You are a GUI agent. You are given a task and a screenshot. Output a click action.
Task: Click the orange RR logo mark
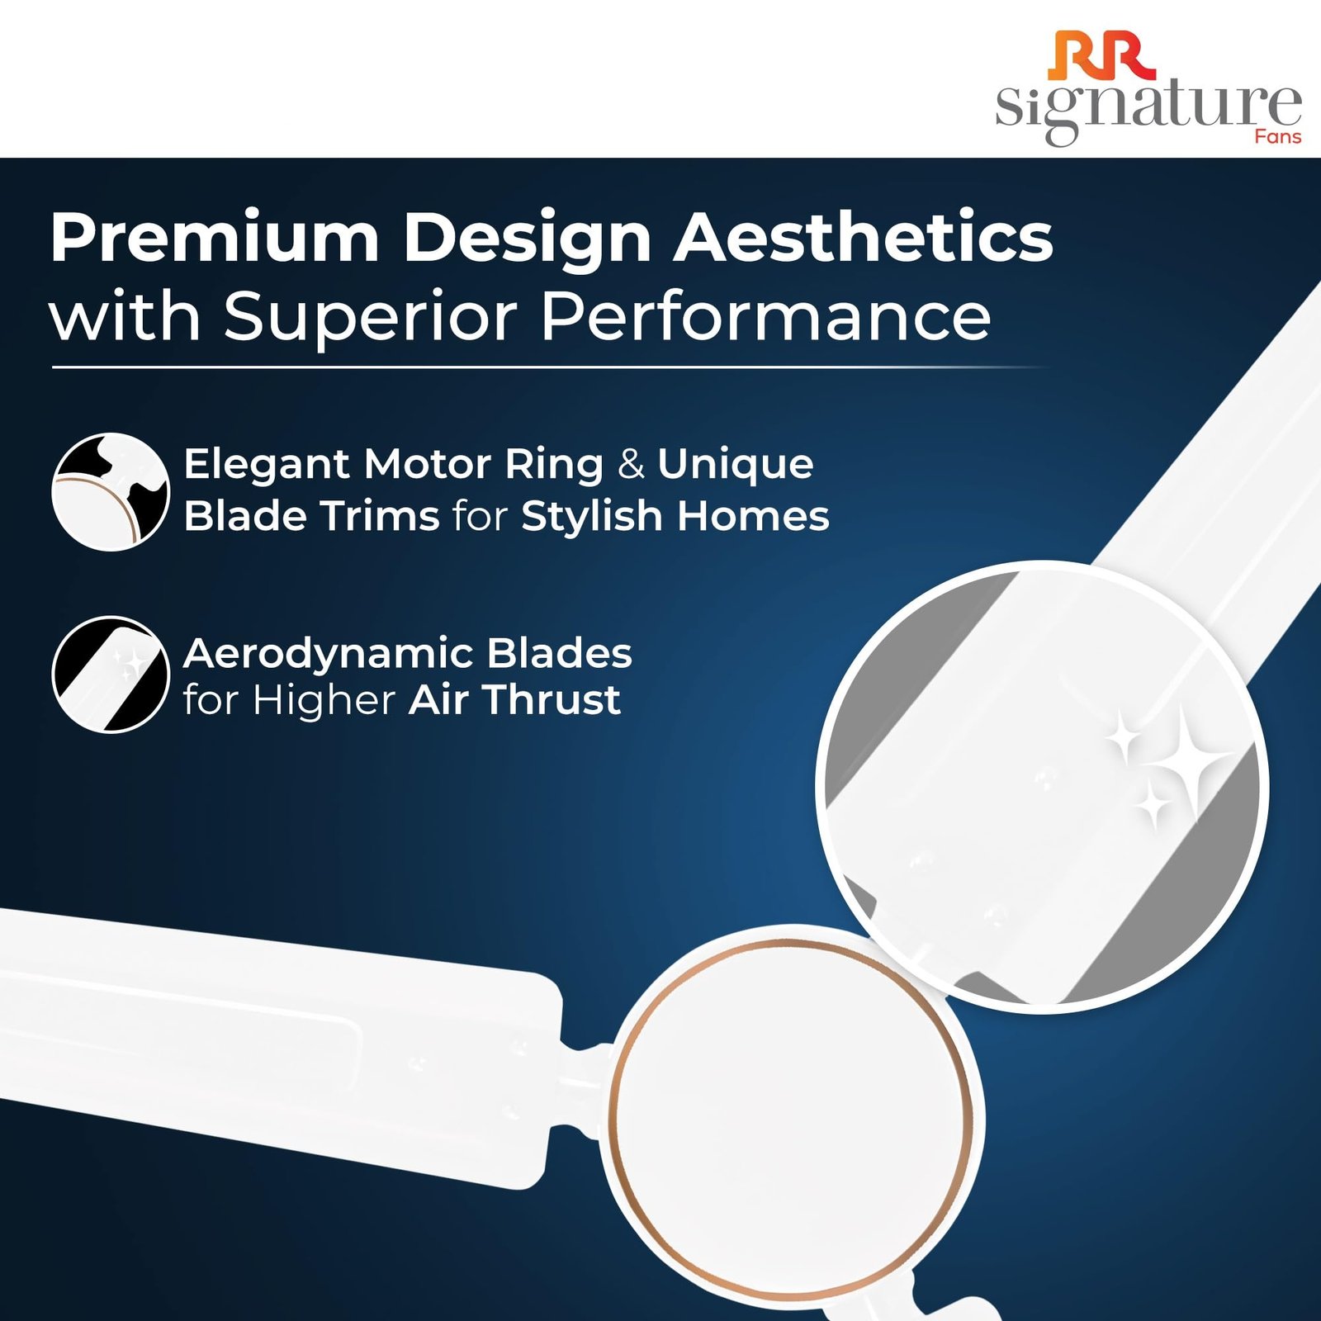coord(1103,56)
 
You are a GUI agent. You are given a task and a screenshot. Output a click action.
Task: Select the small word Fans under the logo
coord(1278,136)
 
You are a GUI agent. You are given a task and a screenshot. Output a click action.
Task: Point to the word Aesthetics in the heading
coord(864,238)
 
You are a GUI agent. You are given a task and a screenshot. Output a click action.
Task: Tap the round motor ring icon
coord(111,491)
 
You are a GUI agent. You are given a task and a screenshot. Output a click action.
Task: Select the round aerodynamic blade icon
coord(111,675)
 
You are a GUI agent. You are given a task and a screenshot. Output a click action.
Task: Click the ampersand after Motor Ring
coord(631,464)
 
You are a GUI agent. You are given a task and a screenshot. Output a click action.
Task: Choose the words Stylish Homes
coord(675,517)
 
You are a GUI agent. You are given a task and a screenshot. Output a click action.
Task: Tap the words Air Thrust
coord(514,699)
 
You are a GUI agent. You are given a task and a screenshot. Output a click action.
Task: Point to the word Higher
coord(324,701)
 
